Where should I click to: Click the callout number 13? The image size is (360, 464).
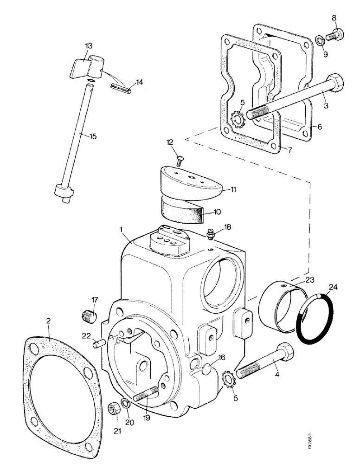88,45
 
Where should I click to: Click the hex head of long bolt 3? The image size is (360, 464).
334,84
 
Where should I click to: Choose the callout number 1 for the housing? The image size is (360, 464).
122,229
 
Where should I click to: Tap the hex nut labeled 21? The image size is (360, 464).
113,408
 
